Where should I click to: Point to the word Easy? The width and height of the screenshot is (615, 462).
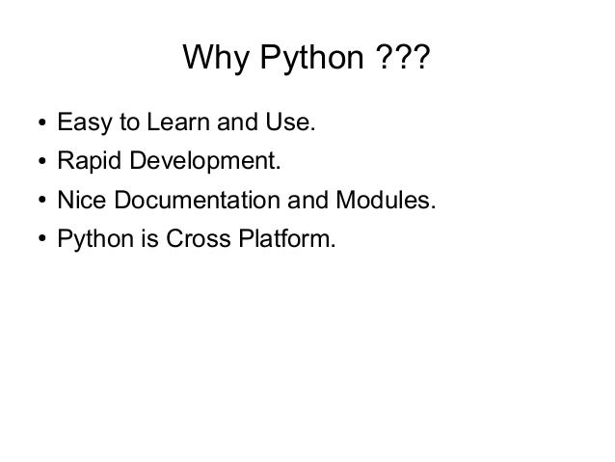tap(80, 125)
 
